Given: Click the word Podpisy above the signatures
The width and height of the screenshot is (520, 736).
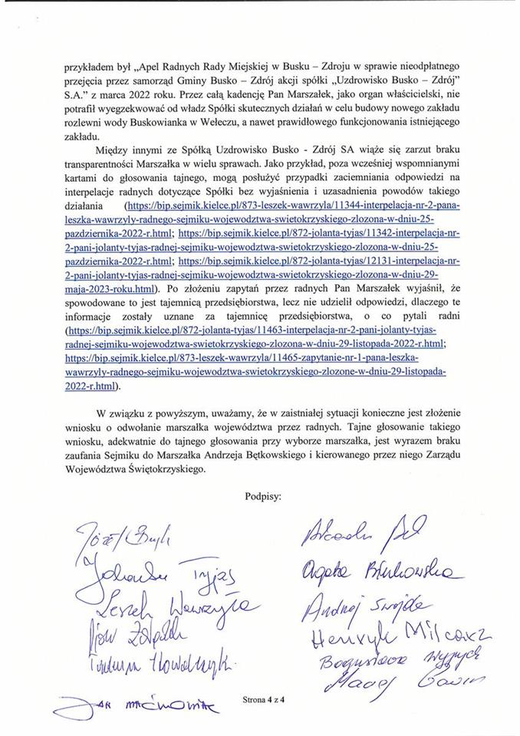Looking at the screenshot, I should coord(262,495).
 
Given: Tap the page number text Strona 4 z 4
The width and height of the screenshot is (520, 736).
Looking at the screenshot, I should coord(262,700).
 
